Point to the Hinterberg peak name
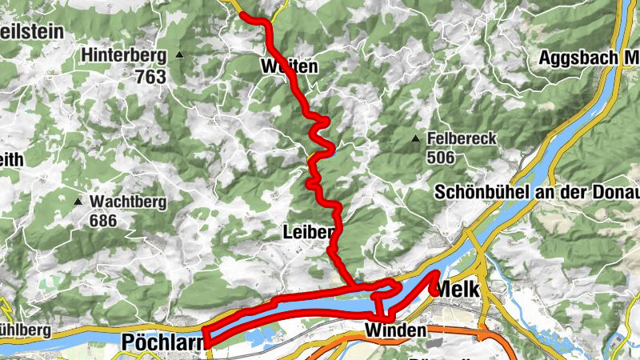point(124,56)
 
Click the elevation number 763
point(150,77)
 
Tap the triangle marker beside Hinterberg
point(180,55)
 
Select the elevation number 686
point(102,220)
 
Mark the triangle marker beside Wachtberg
point(78,201)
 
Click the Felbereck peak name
point(462,138)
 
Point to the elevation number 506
point(441,158)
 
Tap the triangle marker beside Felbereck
point(415,139)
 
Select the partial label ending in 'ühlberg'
point(26,330)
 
